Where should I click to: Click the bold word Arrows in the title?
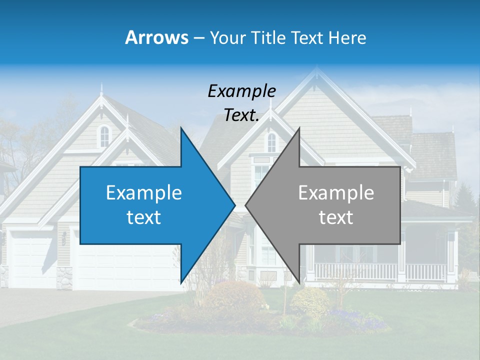click(157, 37)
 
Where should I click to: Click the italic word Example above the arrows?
click(241, 91)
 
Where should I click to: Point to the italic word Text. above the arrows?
click(241, 115)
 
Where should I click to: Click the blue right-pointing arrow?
click(150, 205)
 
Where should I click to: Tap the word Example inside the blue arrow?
click(144, 193)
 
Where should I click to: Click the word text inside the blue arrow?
click(144, 217)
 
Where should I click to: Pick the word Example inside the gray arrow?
click(336, 193)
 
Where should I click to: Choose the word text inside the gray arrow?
click(336, 217)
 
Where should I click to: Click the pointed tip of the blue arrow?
click(234, 205)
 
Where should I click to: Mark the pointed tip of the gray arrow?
click(246, 205)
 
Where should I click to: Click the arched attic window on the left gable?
click(104, 135)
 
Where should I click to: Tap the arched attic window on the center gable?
click(271, 142)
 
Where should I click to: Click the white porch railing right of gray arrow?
click(425, 272)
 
